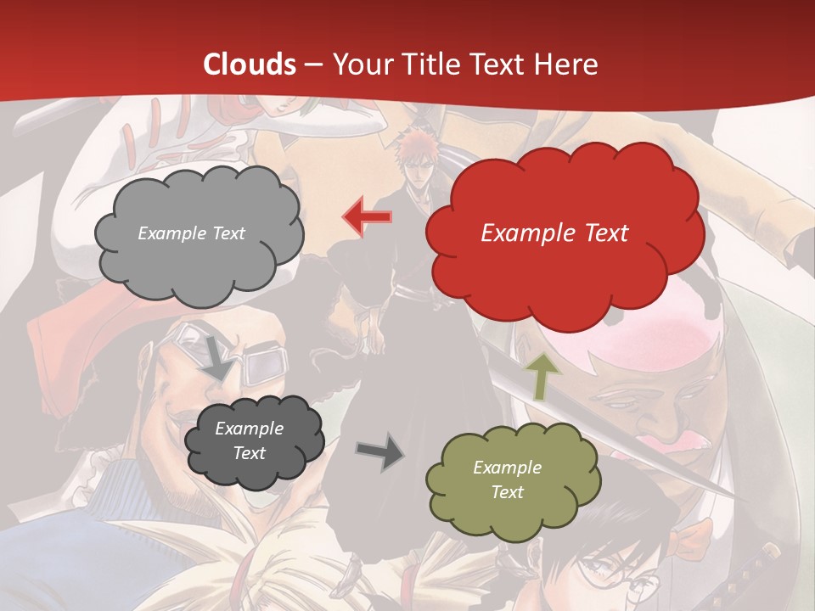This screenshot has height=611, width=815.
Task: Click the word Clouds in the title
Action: pos(249,64)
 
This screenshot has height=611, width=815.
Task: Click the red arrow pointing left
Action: pos(367,217)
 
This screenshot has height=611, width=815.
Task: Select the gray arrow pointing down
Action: pos(216,357)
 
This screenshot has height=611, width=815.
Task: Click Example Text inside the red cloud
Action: pos(554,233)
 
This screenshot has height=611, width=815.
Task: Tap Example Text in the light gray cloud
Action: pos(191,233)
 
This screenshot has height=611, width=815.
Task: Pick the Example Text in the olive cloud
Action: pos(507,479)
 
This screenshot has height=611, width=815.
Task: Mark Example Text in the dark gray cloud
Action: pos(249,440)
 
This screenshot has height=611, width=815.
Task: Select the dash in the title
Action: pos(313,65)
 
